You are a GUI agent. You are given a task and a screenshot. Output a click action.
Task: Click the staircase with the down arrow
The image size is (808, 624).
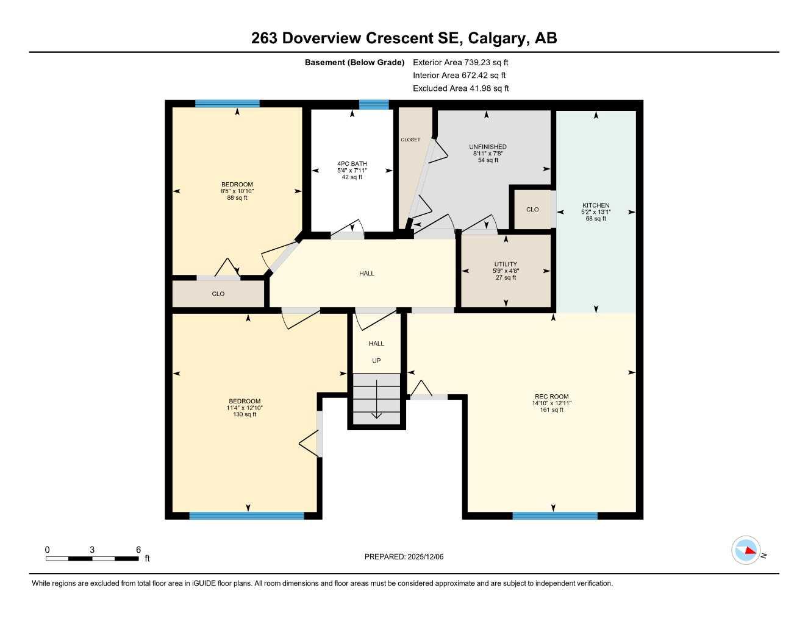click(x=376, y=399)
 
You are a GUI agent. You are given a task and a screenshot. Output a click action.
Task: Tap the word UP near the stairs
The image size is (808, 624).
click(x=376, y=361)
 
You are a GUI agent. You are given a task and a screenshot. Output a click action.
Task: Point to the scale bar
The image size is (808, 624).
click(x=91, y=558)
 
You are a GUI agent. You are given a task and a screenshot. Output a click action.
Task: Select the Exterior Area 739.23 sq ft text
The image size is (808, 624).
click(x=460, y=62)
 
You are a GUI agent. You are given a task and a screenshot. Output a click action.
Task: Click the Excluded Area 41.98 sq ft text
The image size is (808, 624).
click(x=460, y=88)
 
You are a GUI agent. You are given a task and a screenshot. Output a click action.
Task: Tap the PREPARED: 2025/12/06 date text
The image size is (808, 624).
click(x=404, y=556)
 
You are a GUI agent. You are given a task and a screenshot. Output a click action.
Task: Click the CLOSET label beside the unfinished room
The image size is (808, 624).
click(x=410, y=140)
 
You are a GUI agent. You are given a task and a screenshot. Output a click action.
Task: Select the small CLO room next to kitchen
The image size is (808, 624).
click(x=532, y=209)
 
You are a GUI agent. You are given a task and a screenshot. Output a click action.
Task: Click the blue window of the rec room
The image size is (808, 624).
click(x=554, y=516)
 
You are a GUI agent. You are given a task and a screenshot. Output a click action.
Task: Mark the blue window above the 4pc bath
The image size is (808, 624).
click(x=374, y=104)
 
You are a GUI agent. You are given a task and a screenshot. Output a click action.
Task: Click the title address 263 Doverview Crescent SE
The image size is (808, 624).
click(x=404, y=38)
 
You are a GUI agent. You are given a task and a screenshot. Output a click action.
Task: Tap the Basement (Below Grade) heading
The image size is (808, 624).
click(x=354, y=62)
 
